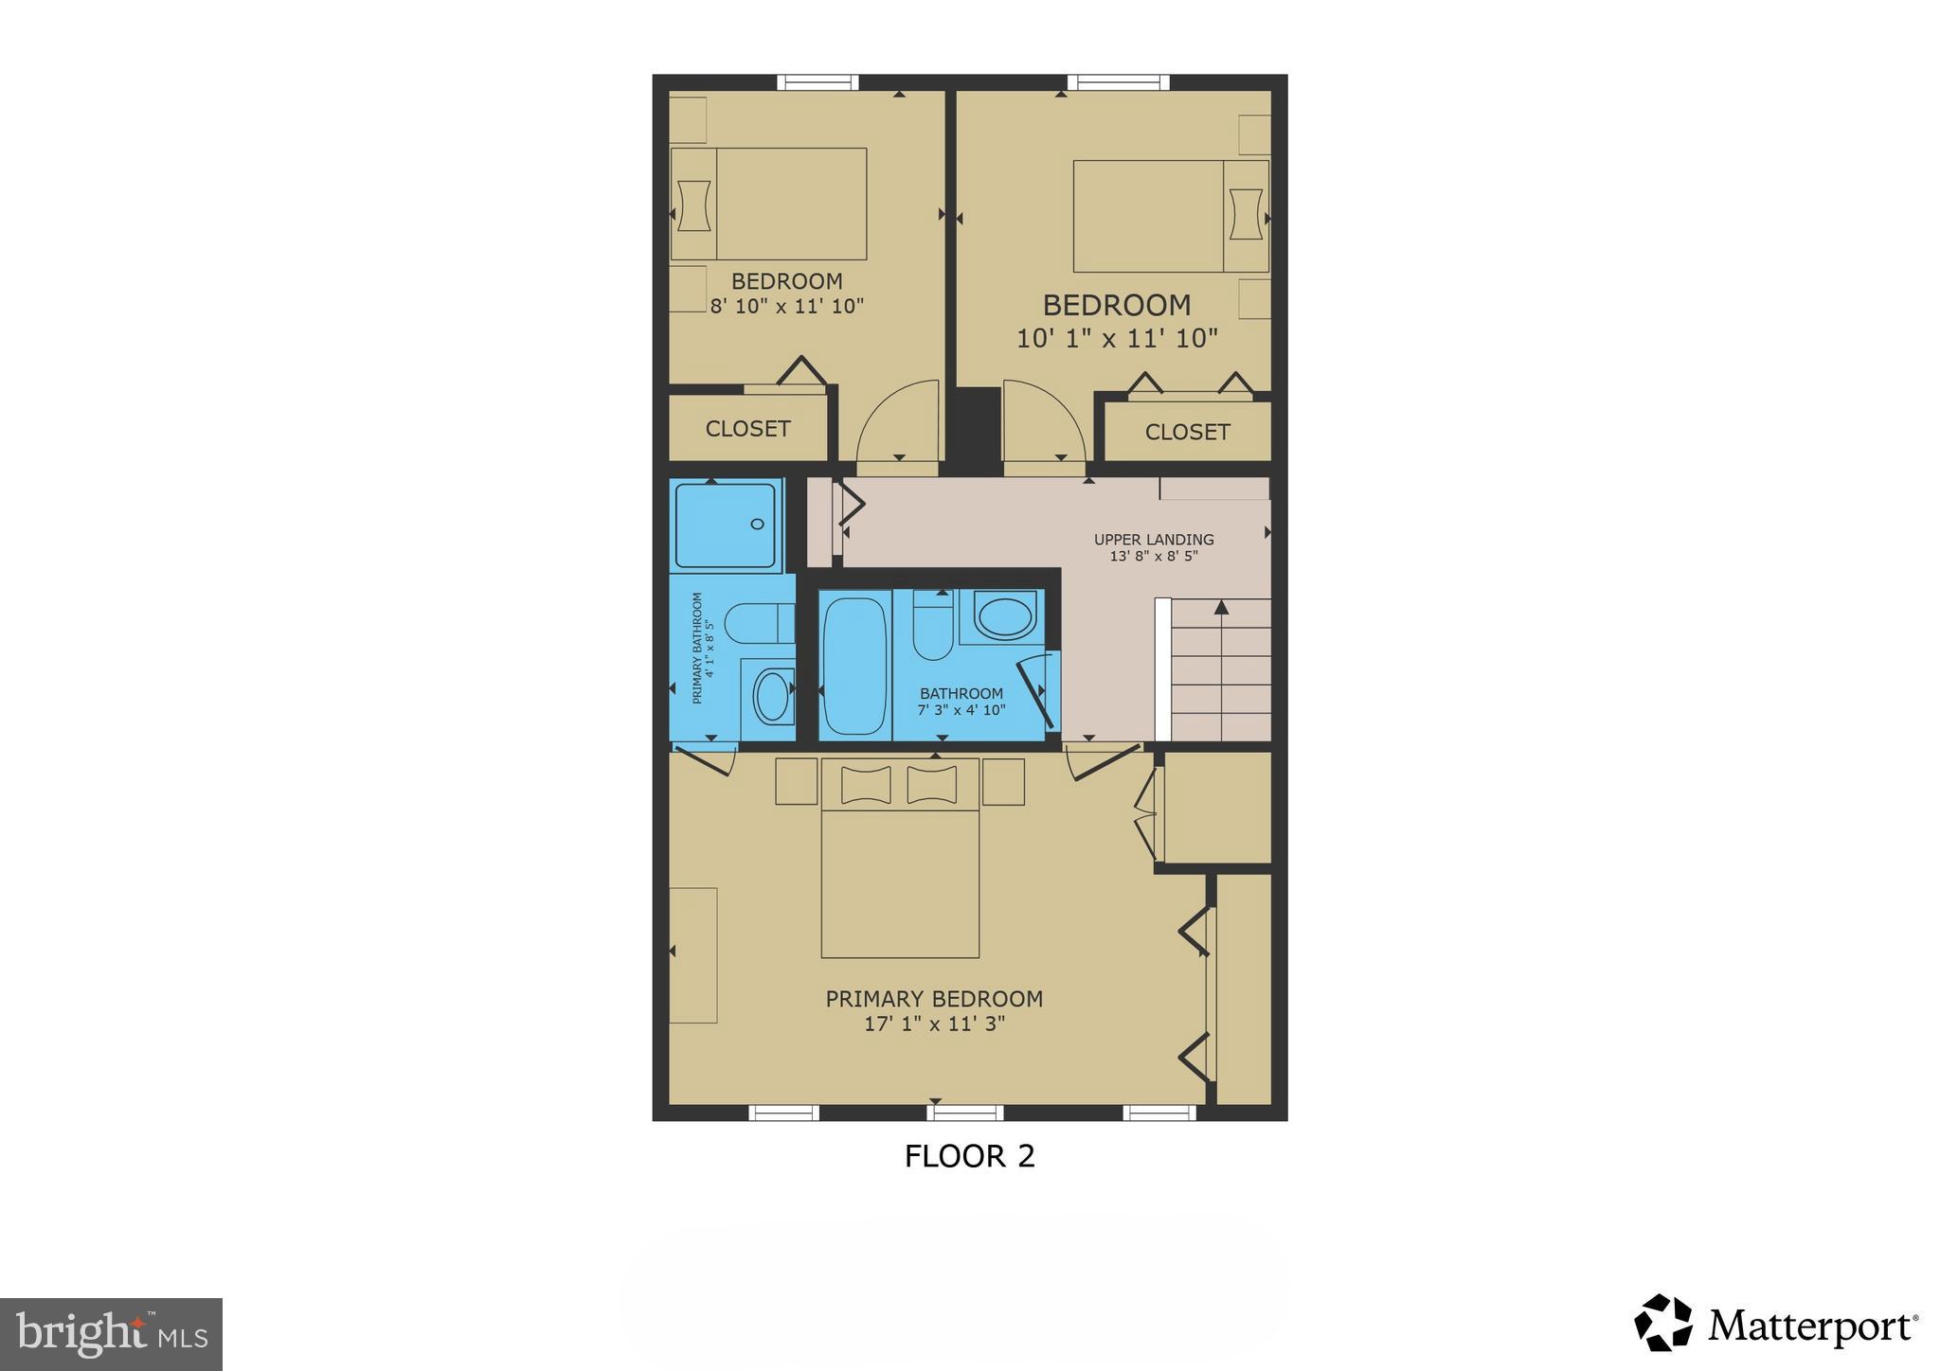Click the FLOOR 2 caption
click(x=969, y=1156)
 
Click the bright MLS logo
click(x=111, y=1334)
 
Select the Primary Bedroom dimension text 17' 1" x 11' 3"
click(x=934, y=1024)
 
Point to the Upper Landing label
click(x=1154, y=540)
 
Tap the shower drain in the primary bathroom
click(x=757, y=524)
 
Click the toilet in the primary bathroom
click(x=748, y=625)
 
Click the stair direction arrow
click(x=1221, y=607)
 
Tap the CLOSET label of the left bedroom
click(x=747, y=429)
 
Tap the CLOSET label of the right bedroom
click(x=1187, y=433)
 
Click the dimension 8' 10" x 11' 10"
click(x=787, y=306)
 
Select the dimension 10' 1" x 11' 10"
click(x=1117, y=338)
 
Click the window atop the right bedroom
click(x=1118, y=83)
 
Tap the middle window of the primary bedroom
click(x=964, y=1113)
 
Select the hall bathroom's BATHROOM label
click(x=961, y=693)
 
